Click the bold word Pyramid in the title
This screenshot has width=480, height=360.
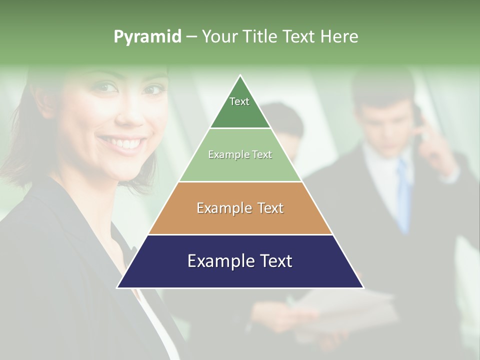147,37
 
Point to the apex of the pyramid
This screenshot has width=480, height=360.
240,76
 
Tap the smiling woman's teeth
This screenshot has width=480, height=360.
123,144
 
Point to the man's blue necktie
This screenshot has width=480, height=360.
403,195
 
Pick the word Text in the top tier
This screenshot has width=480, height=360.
239,101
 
